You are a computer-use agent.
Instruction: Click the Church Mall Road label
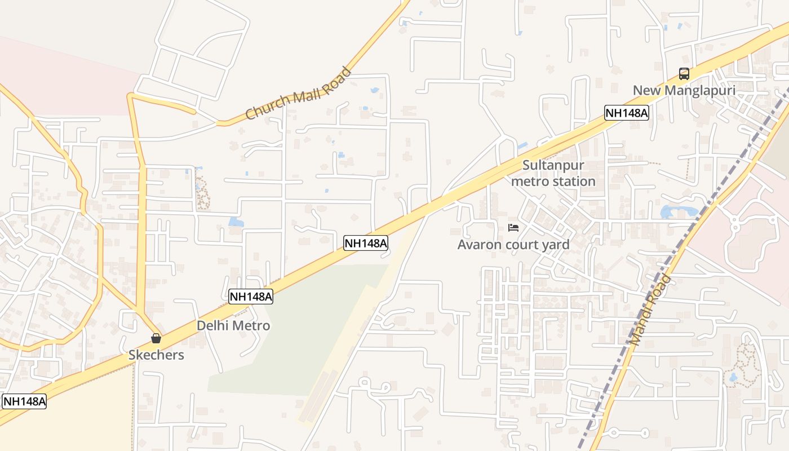[298, 94]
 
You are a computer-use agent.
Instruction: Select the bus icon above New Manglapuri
[684, 74]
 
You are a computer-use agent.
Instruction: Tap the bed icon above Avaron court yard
[513, 228]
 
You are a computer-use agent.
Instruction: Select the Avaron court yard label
[513, 245]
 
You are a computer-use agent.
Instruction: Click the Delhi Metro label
[233, 326]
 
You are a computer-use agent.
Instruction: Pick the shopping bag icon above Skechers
[156, 338]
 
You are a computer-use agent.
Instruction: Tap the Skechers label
[156, 355]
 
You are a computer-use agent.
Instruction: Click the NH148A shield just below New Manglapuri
[627, 113]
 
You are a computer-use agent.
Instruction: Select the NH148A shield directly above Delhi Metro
[251, 297]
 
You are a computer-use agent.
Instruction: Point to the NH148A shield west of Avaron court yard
[366, 243]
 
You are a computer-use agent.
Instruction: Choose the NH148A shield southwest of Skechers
[24, 401]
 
